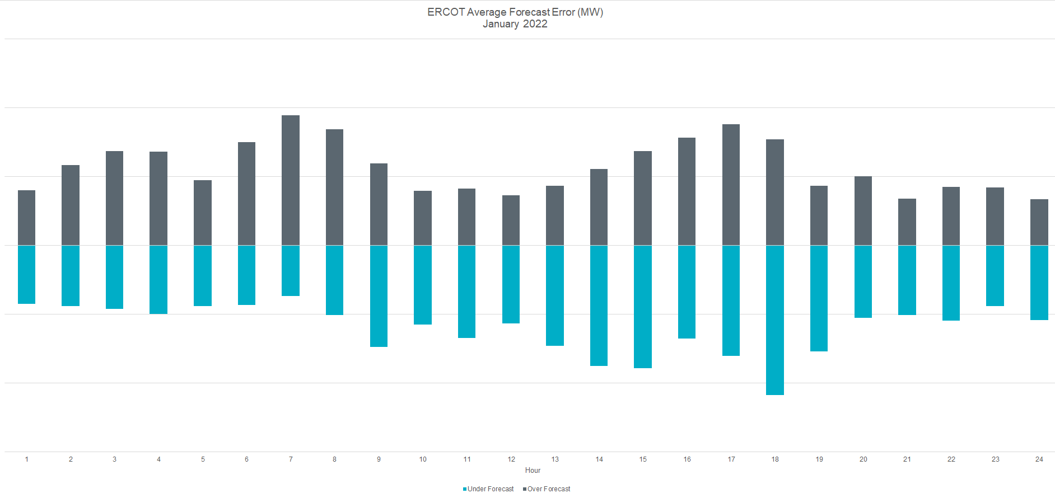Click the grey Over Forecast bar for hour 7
pos(291,180)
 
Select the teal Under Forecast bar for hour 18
pos(775,320)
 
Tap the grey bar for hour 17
pos(731,185)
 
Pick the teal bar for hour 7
pos(291,271)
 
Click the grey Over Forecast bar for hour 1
pos(26,218)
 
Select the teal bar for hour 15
pos(643,307)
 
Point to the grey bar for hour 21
pos(907,222)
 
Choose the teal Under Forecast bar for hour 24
pos(1039,283)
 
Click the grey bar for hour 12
pos(511,220)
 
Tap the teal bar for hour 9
pos(379,296)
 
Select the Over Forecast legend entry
pos(548,489)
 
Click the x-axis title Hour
pos(533,471)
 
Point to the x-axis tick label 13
pos(555,459)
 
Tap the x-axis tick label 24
pos(1039,459)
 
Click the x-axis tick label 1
pos(26,459)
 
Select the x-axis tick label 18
pos(775,459)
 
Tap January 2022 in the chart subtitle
pos(515,24)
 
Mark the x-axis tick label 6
pos(246,459)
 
